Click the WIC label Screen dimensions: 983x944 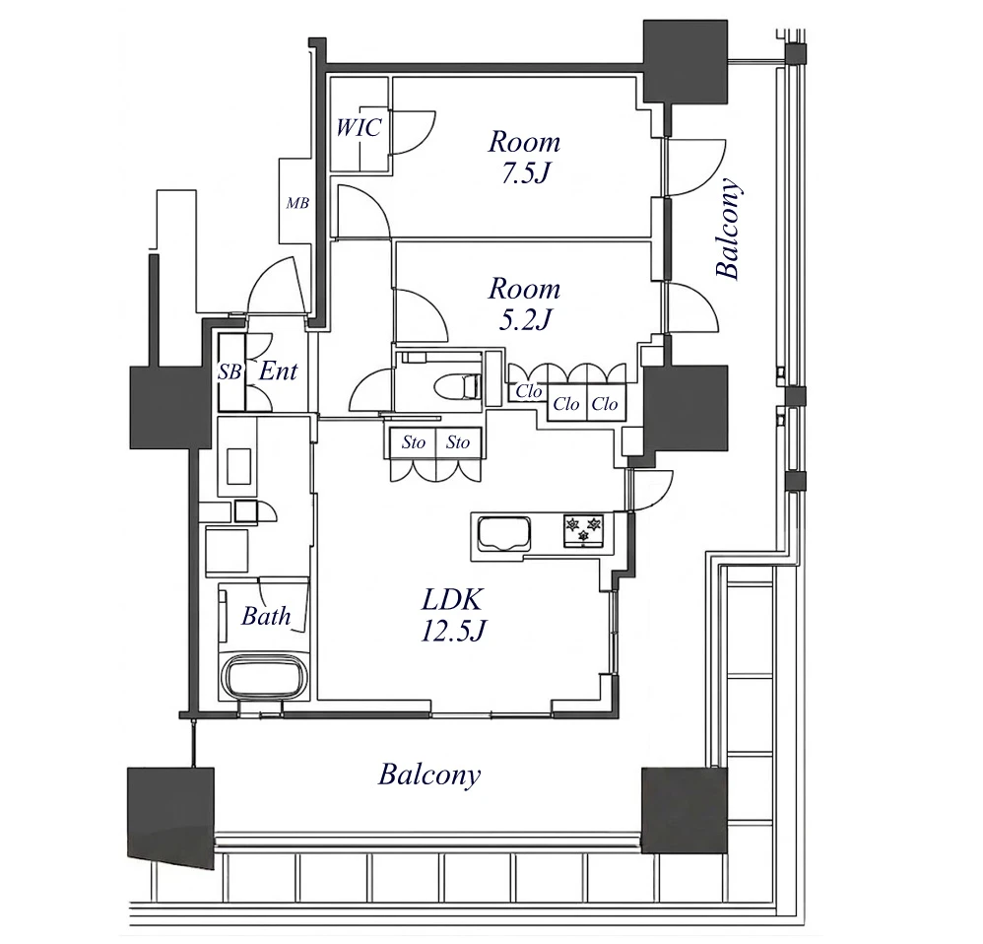[358, 127]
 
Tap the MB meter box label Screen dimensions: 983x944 [297, 203]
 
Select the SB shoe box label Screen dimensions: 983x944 [229, 371]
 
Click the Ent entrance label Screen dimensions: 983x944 [278, 371]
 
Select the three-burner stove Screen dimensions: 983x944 [584, 531]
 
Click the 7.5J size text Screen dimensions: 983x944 [524, 173]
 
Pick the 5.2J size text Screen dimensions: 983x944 [524, 320]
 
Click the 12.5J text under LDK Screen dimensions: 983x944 [453, 631]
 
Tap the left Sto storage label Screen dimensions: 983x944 [413, 442]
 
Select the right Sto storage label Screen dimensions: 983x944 [458, 442]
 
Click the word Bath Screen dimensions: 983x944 [267, 616]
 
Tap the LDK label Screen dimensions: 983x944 [452, 600]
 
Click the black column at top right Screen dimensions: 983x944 [686, 61]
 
